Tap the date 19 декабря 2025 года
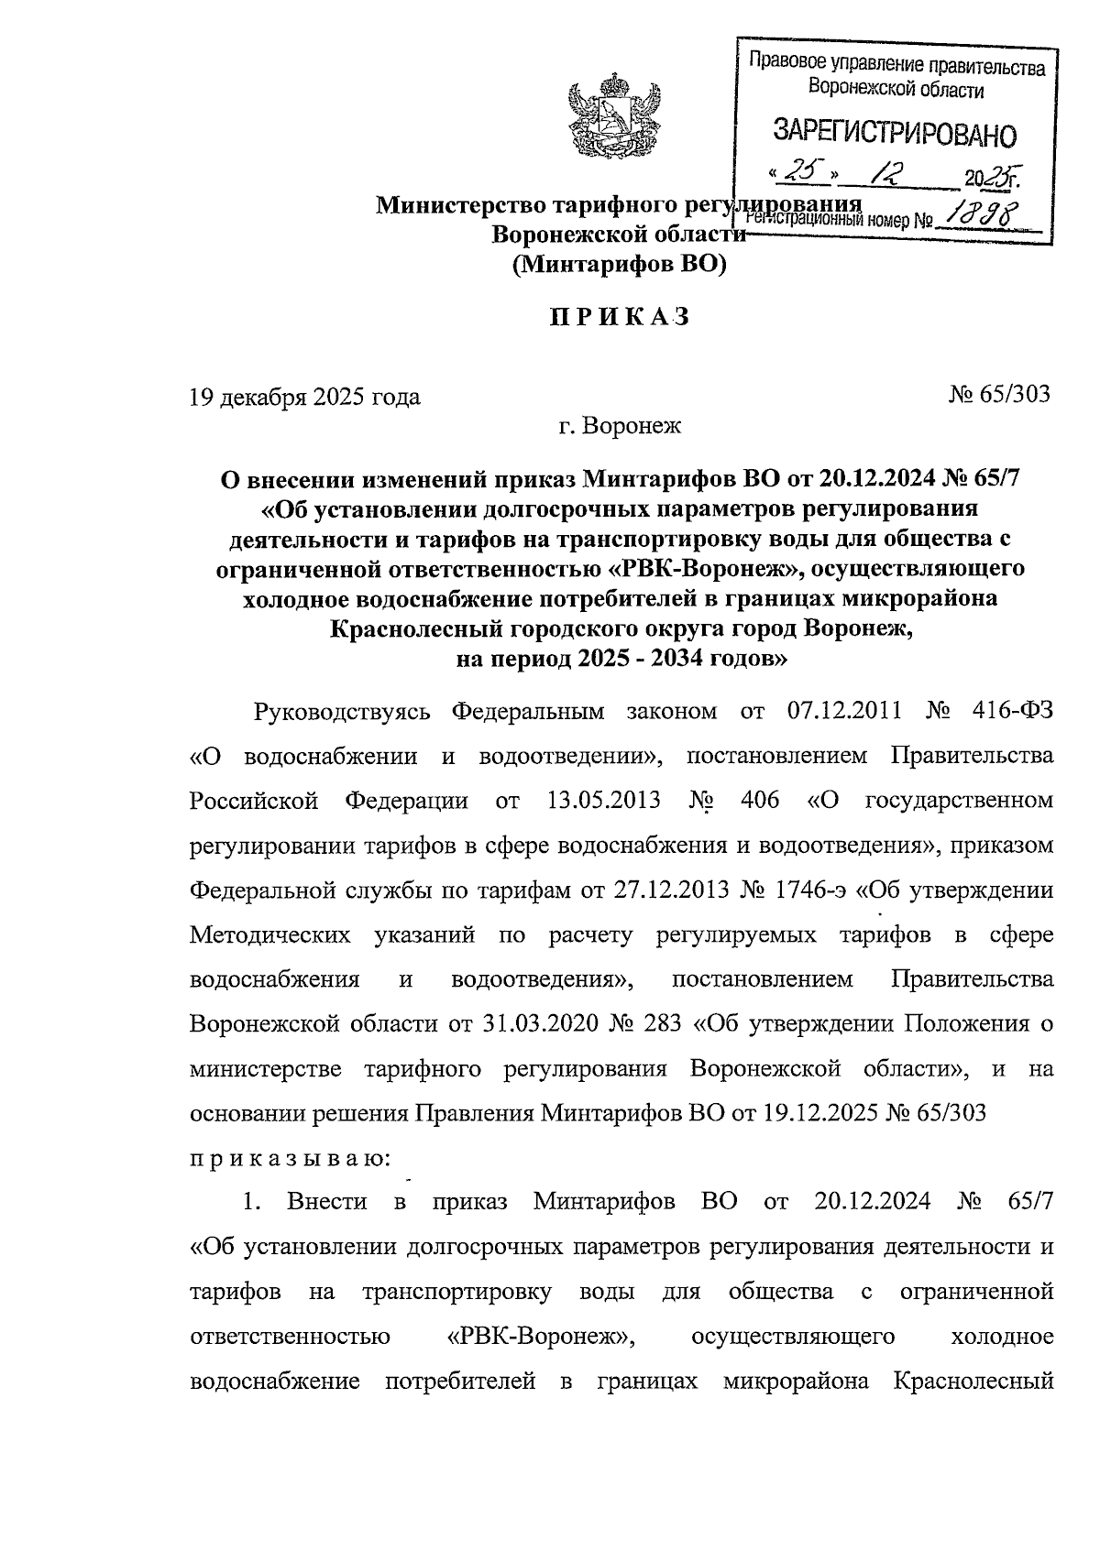pos(304,397)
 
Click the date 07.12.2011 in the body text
pos(844,711)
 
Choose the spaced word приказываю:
pos(291,1158)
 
